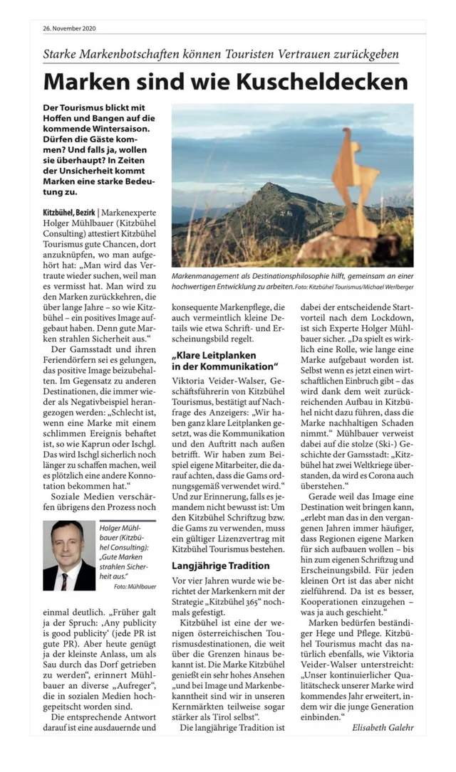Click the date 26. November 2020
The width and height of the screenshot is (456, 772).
pos(69,28)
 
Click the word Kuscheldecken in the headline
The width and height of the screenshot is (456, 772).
pos(322,80)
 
